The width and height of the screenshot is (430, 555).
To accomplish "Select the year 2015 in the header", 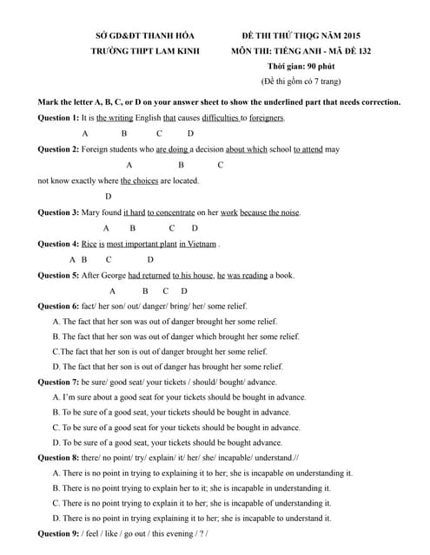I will point(347,36).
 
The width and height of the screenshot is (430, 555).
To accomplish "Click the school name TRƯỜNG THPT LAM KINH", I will point(145,51).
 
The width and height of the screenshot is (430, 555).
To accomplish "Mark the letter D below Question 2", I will point(109,197).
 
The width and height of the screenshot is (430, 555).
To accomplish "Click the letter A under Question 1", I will point(84,134).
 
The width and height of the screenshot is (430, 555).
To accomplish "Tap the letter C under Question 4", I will point(109,259).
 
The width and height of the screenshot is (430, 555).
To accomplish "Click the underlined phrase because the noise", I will point(270,212).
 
